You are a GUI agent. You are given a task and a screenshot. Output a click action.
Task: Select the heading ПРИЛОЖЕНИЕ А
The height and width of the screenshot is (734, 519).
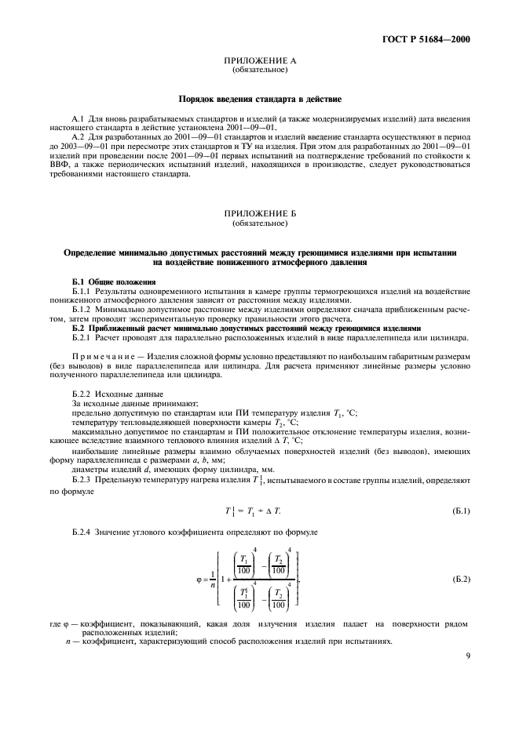[259, 60]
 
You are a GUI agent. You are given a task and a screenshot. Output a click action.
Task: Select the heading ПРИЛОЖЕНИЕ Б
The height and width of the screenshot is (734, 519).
[259, 213]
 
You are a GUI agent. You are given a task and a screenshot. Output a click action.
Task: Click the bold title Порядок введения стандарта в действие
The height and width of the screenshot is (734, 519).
[259, 100]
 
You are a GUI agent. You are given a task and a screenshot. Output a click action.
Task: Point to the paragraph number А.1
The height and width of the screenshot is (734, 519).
[77, 117]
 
